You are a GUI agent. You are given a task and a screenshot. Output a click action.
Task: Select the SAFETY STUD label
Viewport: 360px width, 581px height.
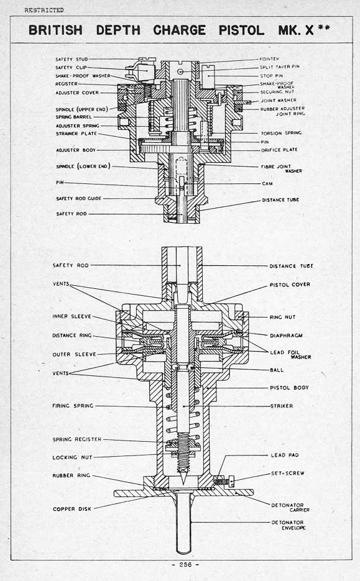click(x=72, y=60)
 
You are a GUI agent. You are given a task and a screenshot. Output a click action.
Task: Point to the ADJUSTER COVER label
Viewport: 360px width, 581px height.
click(x=76, y=93)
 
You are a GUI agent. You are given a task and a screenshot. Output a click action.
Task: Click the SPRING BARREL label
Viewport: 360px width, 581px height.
click(x=73, y=117)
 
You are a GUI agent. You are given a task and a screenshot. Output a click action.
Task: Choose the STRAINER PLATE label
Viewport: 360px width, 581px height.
click(x=75, y=134)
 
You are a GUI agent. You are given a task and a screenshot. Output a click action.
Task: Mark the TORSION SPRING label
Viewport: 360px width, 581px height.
click(x=281, y=133)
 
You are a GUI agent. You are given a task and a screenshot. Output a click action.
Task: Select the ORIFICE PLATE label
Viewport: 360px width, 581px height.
click(x=279, y=150)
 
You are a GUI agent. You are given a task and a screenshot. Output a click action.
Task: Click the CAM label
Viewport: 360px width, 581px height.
click(x=265, y=183)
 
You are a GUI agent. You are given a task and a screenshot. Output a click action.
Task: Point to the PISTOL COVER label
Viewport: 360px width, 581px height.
click(x=290, y=285)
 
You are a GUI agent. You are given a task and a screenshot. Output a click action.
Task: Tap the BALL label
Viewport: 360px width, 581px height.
click(x=277, y=370)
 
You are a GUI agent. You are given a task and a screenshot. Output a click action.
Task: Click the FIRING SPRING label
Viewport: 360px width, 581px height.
click(x=73, y=406)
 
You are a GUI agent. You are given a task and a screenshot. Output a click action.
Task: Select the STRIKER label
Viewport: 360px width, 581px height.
click(x=281, y=406)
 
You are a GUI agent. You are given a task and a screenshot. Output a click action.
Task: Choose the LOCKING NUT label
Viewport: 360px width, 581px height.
click(x=72, y=457)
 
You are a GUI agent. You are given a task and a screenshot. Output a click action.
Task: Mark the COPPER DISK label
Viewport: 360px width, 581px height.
click(x=72, y=509)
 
